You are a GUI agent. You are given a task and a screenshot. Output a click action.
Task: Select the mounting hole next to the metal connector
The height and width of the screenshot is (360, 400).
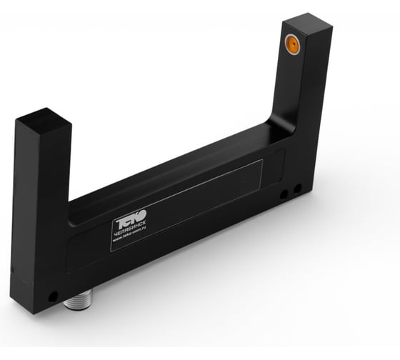click(x=53, y=295)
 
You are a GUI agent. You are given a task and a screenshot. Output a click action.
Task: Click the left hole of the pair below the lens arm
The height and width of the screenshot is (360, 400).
click(x=284, y=194)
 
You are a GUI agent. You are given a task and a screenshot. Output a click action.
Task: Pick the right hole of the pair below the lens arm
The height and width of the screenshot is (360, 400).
click(x=297, y=189)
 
